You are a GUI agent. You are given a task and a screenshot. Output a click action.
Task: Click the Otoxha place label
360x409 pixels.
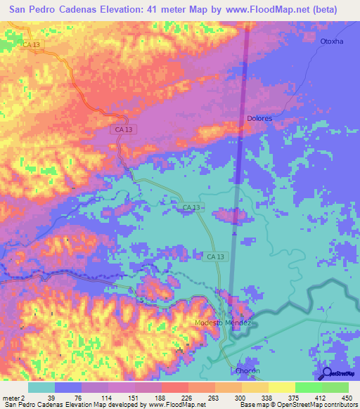point(331,41)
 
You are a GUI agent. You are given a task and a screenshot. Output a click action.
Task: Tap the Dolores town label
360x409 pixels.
point(259,118)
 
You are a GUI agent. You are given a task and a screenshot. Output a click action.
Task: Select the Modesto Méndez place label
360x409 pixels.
point(222,323)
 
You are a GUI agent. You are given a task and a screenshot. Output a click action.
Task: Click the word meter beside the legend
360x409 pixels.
point(11,397)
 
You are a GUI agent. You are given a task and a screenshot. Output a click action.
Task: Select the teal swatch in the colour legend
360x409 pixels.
point(41,387)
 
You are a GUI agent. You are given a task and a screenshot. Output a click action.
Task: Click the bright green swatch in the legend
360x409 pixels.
point(308,387)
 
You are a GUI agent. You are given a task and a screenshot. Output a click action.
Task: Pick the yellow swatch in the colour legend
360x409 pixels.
point(281,387)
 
